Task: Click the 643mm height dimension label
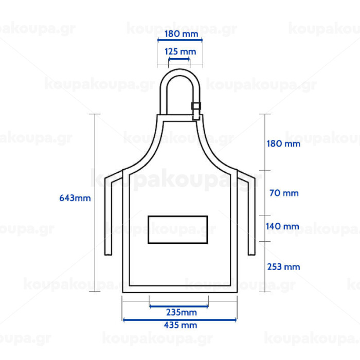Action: [x=75, y=198]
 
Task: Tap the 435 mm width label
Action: [x=181, y=325]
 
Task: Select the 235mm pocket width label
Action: [x=182, y=312]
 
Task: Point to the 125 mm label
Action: [x=181, y=51]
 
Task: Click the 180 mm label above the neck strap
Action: [x=182, y=34]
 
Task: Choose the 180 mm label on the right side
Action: [x=283, y=143]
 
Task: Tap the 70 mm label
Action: [x=284, y=193]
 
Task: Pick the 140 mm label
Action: [x=282, y=226]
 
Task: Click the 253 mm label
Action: [x=283, y=267]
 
